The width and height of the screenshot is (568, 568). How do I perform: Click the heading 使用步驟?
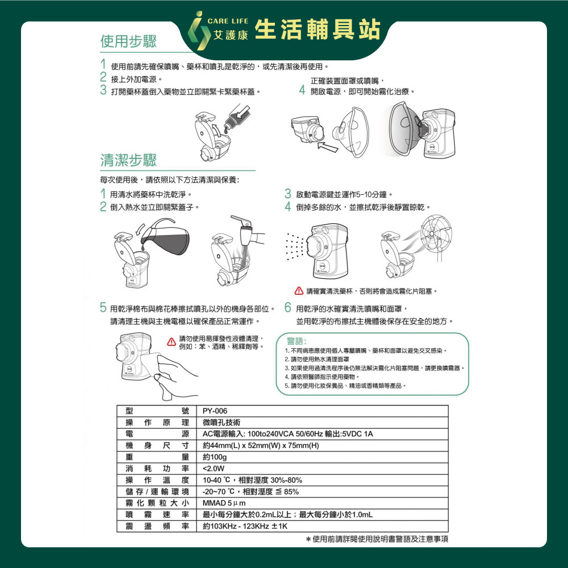click(x=128, y=41)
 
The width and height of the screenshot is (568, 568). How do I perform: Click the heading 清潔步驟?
click(x=128, y=160)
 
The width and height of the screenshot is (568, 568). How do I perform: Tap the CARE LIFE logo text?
click(x=228, y=21)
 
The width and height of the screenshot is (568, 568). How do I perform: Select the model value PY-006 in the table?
click(x=215, y=411)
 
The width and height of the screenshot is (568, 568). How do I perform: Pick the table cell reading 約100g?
click(x=215, y=457)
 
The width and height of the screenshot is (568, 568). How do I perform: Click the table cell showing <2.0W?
click(x=214, y=469)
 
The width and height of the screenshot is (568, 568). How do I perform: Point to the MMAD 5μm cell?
click(x=224, y=503)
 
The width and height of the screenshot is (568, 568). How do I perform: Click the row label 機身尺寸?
click(x=157, y=445)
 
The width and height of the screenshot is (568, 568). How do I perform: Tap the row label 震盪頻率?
click(x=157, y=526)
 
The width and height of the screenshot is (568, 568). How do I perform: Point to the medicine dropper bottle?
click(x=236, y=116)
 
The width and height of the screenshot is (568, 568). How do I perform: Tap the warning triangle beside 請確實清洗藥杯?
click(x=299, y=290)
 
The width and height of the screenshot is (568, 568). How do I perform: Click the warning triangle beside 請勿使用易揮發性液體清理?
click(x=172, y=342)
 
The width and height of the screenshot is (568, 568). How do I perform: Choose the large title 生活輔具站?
click(x=318, y=30)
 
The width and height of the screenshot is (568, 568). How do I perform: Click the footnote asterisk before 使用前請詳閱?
click(x=308, y=540)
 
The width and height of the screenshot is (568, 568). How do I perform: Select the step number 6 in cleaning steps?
click(x=288, y=308)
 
